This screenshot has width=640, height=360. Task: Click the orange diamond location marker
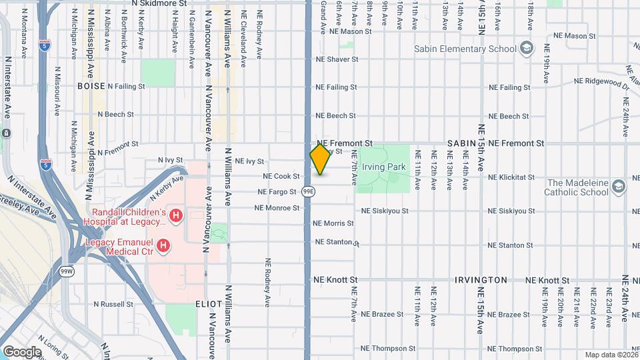pyautogui.click(x=320, y=159)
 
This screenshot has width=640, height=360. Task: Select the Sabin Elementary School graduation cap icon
pyautogui.click(x=527, y=48)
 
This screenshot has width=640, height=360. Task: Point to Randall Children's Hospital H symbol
pyautogui.click(x=175, y=215)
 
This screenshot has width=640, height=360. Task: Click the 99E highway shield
pyautogui.click(x=308, y=191)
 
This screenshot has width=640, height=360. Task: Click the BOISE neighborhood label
pyautogui.click(x=91, y=87)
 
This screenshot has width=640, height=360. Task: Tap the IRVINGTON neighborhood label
pyautogui.click(x=481, y=280)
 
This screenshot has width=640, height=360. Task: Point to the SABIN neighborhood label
pyautogui.click(x=461, y=143)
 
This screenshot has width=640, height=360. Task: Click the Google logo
pyautogui.click(x=22, y=351)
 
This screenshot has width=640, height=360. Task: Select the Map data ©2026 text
pyautogui.click(x=611, y=355)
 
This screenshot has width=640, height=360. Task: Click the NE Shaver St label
pyautogui.click(x=337, y=59)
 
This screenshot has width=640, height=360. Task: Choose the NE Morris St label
pyautogui.click(x=334, y=223)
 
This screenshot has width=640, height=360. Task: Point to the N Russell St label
pyautogui.click(x=113, y=303)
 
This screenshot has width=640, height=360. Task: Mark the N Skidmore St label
pyautogui.click(x=160, y=3)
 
